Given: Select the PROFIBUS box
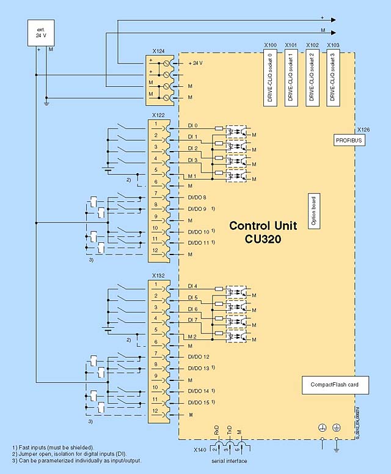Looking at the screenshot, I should [349, 140].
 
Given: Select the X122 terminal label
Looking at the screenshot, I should [158, 114].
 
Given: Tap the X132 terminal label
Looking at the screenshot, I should [158, 275].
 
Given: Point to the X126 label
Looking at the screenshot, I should [364, 130].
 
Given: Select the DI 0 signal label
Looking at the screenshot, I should [193, 125].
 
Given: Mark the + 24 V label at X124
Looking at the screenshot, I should [196, 63].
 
